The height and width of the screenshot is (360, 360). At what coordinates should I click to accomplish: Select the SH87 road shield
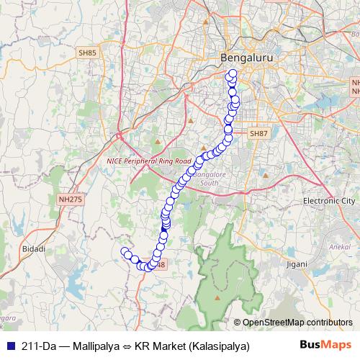click(258, 133)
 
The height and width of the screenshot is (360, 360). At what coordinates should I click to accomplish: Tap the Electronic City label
click(329, 200)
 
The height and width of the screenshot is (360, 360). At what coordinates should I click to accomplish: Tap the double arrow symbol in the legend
click(126, 346)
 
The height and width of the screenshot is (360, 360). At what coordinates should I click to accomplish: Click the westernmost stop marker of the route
click(125, 251)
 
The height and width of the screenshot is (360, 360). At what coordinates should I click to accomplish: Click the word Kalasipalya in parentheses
click(219, 346)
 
